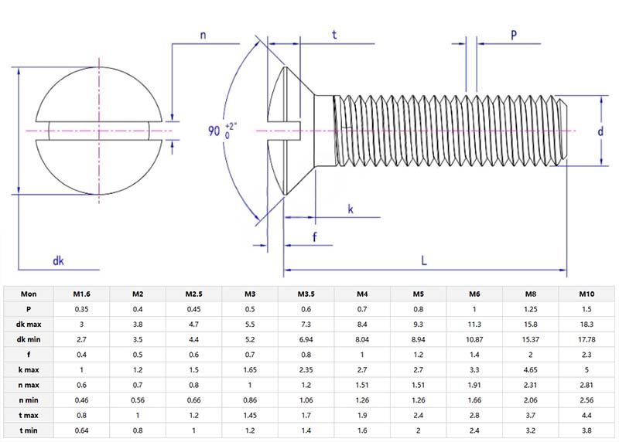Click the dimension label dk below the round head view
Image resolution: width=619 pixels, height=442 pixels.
tap(58, 260)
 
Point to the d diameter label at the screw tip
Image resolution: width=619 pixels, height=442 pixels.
tap(600, 131)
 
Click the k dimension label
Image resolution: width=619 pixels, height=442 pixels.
tap(351, 209)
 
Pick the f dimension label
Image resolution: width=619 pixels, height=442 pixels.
tap(314, 237)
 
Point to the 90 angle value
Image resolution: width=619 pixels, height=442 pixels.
tap(214, 131)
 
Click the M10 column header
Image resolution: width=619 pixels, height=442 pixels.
tap(587, 294)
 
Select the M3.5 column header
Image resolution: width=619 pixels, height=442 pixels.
tap(306, 294)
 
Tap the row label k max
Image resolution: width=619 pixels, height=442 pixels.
tap(29, 369)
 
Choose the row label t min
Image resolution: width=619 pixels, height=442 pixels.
tap(29, 431)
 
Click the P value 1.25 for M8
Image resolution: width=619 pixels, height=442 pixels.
tap(532, 309)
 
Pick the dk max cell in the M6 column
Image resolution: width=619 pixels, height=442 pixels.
tap(475, 325)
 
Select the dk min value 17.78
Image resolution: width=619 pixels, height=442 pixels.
tap(587, 339)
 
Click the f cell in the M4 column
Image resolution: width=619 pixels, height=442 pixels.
tap(362, 355)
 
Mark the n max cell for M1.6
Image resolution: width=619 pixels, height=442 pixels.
tap(82, 385)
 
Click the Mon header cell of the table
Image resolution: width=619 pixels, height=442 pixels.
tap(29, 294)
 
